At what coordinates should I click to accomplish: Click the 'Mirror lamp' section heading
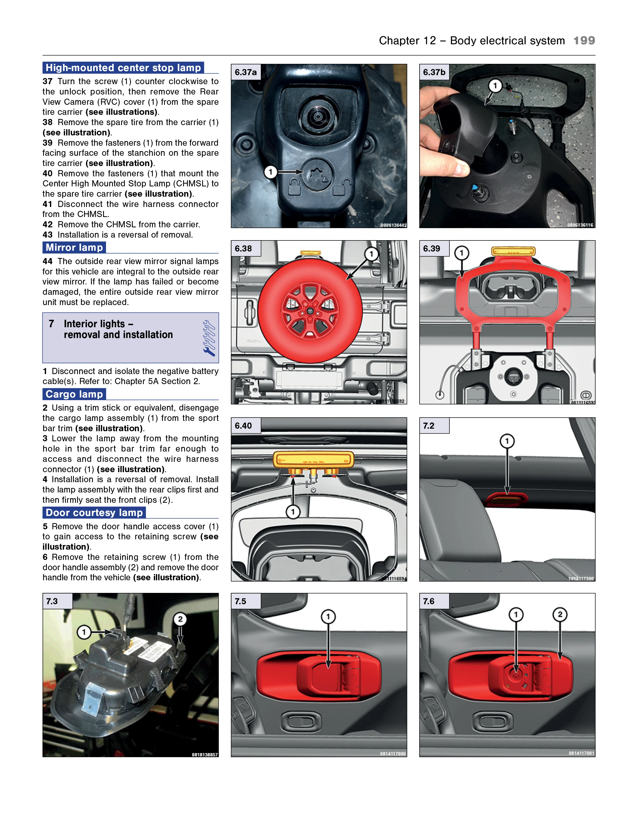coord(74,247)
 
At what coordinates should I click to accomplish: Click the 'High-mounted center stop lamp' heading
coord(123,68)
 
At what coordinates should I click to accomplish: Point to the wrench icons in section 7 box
coord(209,338)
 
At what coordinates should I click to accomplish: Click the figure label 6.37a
coord(245,72)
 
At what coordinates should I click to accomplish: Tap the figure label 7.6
coord(429,601)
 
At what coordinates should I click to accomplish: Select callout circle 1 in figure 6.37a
coord(270,172)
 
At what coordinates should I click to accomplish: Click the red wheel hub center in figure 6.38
coord(310,311)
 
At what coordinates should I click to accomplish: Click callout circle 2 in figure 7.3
coord(180,619)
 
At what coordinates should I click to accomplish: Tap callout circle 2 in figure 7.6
coord(560,614)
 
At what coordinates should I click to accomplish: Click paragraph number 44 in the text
coord(47,261)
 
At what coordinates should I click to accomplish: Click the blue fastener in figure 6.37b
coord(475,187)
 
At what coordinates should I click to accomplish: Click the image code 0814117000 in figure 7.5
coord(392,754)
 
